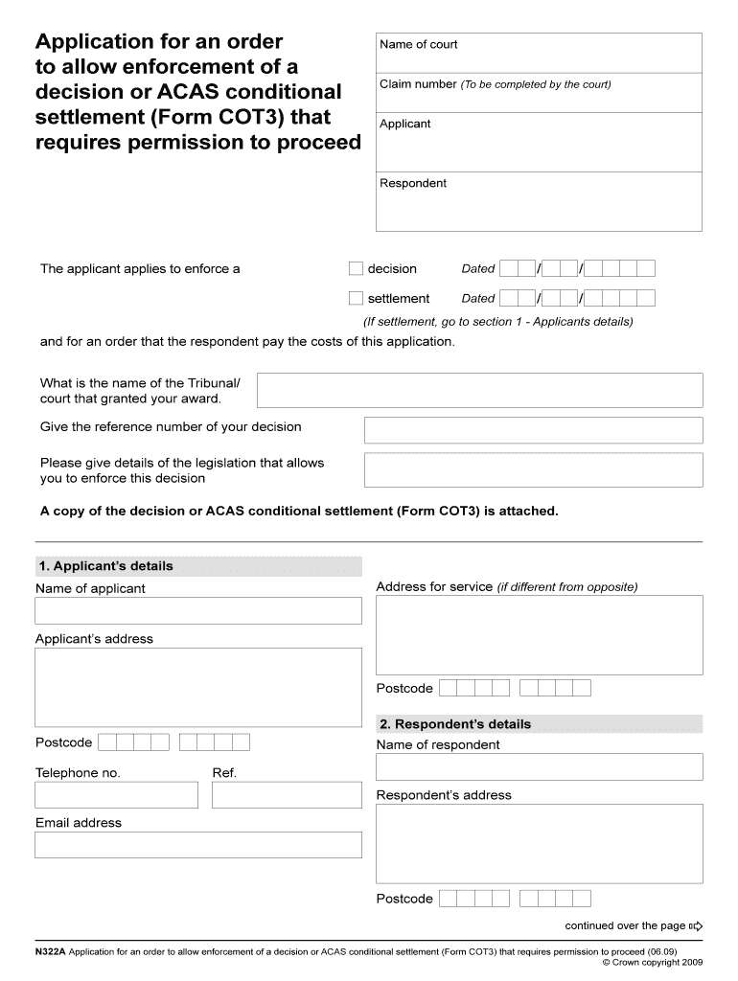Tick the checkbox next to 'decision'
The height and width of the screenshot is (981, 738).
356,268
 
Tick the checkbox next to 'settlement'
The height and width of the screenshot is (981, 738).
356,298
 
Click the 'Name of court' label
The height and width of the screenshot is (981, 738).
418,44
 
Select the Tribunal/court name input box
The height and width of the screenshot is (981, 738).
480,390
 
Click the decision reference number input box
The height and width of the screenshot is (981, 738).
533,429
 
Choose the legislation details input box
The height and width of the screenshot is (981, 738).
533,469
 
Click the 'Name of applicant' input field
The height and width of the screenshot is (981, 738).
198,610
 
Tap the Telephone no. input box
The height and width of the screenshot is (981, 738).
116,794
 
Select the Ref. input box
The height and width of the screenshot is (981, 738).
287,794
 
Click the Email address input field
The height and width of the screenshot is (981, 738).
198,844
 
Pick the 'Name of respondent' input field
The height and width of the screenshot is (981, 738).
539,766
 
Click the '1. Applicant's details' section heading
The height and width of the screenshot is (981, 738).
104,566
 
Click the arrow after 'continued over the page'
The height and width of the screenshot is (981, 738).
696,926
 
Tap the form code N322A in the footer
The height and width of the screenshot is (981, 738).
50,952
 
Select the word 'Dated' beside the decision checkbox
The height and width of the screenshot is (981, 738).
478,269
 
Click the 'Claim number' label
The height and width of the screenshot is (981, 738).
418,84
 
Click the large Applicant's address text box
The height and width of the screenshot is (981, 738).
198,688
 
